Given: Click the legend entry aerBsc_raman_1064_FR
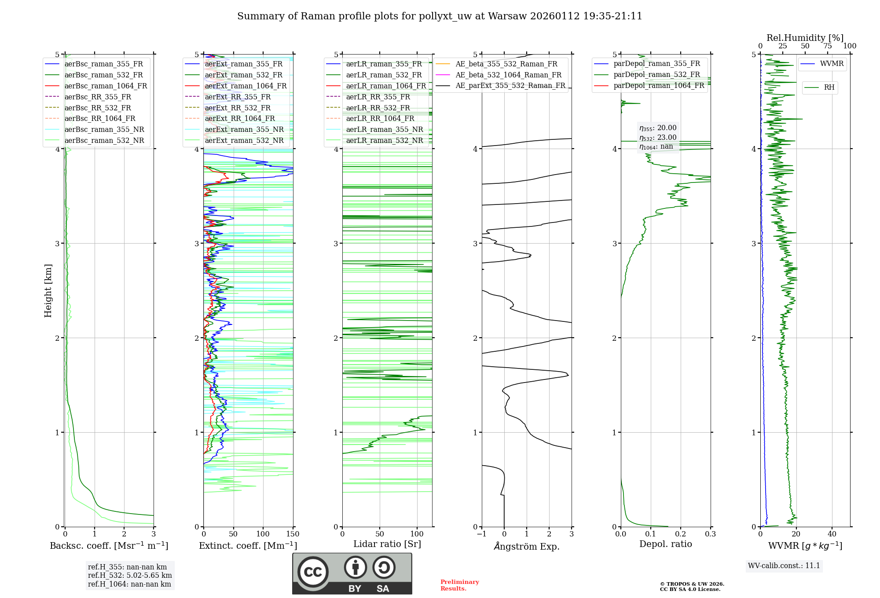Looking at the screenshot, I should [x=106, y=86].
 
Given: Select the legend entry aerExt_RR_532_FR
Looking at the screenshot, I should [x=238, y=108].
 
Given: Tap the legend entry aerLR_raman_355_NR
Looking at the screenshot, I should [x=384, y=130].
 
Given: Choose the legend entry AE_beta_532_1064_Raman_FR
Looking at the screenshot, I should [x=508, y=75].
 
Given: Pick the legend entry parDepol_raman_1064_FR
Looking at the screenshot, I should [x=659, y=86].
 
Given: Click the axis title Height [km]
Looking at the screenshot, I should [x=48, y=291].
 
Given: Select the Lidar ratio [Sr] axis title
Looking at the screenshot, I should [x=387, y=544].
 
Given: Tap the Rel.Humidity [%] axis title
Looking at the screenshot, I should [x=805, y=38].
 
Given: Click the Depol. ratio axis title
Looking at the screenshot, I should [x=665, y=544].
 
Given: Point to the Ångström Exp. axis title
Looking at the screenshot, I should [x=527, y=546].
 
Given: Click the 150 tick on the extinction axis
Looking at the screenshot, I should [x=293, y=534].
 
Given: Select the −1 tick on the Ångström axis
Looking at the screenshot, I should [x=481, y=534].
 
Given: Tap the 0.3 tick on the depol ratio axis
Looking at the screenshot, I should [x=710, y=534].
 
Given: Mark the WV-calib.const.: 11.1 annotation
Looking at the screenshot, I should [x=784, y=565].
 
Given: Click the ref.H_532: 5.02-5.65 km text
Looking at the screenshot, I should [x=130, y=575].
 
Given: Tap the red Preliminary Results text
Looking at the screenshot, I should [x=459, y=585].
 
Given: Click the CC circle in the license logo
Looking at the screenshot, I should [x=313, y=572].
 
